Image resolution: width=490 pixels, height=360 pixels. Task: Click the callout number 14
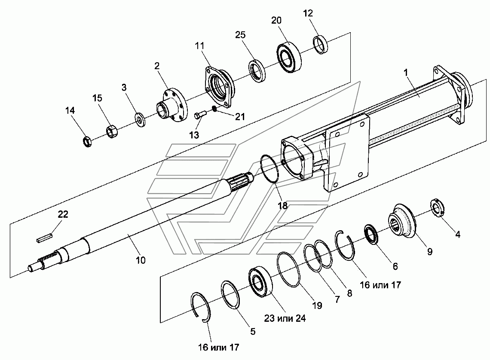(70, 110)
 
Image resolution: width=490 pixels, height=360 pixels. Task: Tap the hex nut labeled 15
(112, 131)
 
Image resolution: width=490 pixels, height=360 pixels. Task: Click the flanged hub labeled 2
(171, 105)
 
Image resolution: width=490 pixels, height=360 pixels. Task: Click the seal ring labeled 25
(257, 70)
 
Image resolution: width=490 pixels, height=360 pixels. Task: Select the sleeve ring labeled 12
(320, 45)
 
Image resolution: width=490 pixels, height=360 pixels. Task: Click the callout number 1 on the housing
(406, 73)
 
